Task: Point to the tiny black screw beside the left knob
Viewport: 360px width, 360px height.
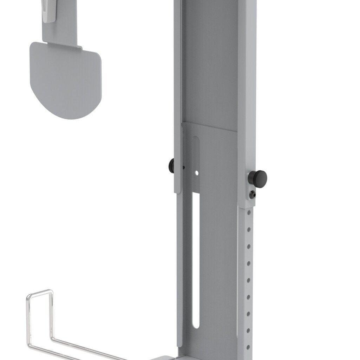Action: [183, 167]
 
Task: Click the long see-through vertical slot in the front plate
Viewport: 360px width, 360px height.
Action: [196, 260]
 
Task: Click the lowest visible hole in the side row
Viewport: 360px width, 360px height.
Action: [248, 347]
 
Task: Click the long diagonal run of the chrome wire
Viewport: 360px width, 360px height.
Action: [88, 346]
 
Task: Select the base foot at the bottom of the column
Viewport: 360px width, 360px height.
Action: [165, 358]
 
